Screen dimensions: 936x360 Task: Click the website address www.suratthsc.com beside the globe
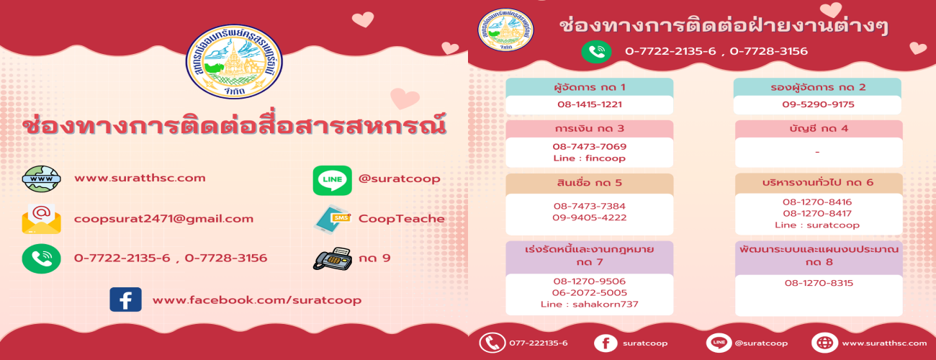click(140, 178)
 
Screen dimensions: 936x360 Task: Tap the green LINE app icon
click(332, 181)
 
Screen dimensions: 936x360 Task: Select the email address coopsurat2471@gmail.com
click(164, 219)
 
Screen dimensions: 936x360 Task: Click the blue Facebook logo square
click(125, 300)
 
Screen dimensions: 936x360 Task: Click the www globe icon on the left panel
click(41, 179)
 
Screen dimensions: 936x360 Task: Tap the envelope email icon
click(41, 219)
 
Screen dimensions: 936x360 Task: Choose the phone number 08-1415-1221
click(590, 104)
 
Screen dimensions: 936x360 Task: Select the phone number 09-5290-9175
click(818, 104)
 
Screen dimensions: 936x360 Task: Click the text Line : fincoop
click(589, 158)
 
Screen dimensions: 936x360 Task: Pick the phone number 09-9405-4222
click(589, 217)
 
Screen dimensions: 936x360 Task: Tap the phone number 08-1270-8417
click(817, 213)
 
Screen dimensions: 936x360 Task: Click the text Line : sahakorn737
click(589, 304)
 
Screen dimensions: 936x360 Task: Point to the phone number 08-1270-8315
click(819, 283)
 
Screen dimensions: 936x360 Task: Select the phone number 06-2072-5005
click(589, 293)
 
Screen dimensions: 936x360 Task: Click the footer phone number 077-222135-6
click(539, 343)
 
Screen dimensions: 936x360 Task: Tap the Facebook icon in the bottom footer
click(606, 343)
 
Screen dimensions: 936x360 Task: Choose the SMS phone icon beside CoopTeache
click(332, 219)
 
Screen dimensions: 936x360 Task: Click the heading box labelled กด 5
click(589, 184)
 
